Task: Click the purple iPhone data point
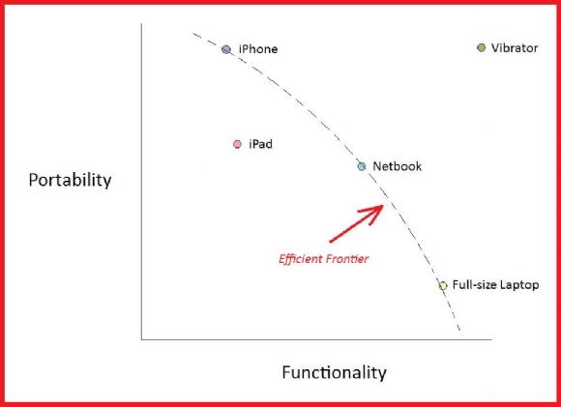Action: coord(226,49)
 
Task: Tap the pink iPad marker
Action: coord(237,144)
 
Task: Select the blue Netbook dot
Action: coord(362,166)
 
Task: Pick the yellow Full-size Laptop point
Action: coord(443,285)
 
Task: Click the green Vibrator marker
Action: coord(482,47)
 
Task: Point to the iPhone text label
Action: coord(258,49)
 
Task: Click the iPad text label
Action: coord(260,144)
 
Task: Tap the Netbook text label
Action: coord(398,166)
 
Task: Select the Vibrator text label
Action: coord(515,48)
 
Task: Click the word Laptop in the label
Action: coord(519,285)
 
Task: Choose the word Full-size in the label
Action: coord(475,284)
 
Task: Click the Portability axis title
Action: coord(70,180)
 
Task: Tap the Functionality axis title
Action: coord(334,372)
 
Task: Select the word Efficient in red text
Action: coord(301,258)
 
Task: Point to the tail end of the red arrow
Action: coord(330,242)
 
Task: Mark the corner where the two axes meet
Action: coord(141,339)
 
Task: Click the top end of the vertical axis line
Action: coord(141,24)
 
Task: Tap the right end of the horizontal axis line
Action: coord(491,339)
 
